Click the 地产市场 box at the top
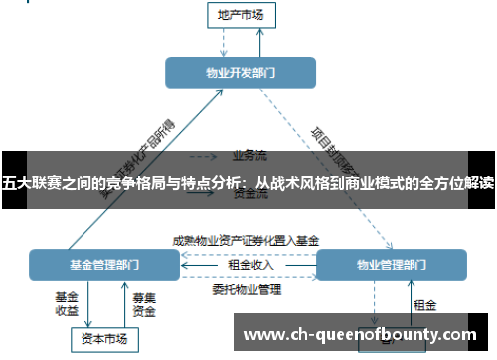[x=241, y=15]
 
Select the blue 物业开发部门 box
[x=241, y=72]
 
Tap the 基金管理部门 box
[x=104, y=265]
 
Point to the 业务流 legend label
[x=249, y=155]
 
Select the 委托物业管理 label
[x=246, y=290]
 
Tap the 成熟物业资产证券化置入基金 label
[x=246, y=240]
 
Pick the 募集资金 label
[x=144, y=303]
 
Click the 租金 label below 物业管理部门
[x=424, y=303]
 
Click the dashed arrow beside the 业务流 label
[x=204, y=156]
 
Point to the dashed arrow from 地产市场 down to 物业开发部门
[x=226, y=40]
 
